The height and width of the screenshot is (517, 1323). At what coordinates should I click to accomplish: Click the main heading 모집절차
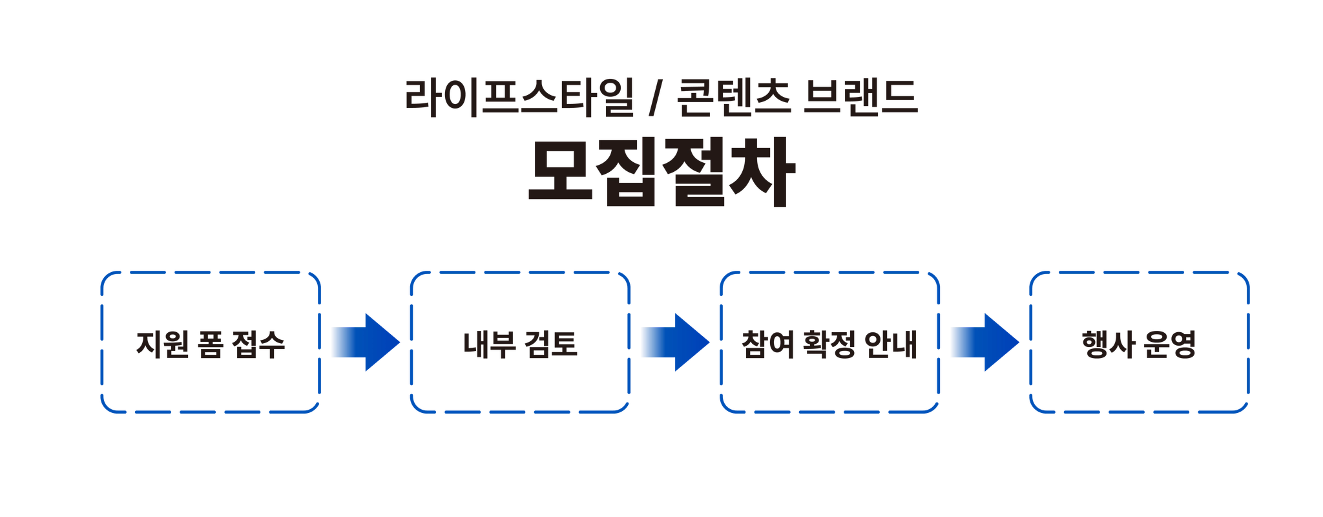click(x=660, y=173)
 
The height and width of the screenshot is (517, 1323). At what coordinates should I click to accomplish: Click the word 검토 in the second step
click(x=552, y=344)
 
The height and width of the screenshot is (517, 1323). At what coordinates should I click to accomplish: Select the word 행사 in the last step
click(x=1106, y=344)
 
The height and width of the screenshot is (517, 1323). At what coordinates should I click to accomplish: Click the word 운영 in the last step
click(x=1171, y=344)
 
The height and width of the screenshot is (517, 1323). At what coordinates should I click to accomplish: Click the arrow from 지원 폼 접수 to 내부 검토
click(x=365, y=343)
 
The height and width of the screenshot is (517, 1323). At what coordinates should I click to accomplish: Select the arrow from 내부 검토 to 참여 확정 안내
click(x=675, y=343)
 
